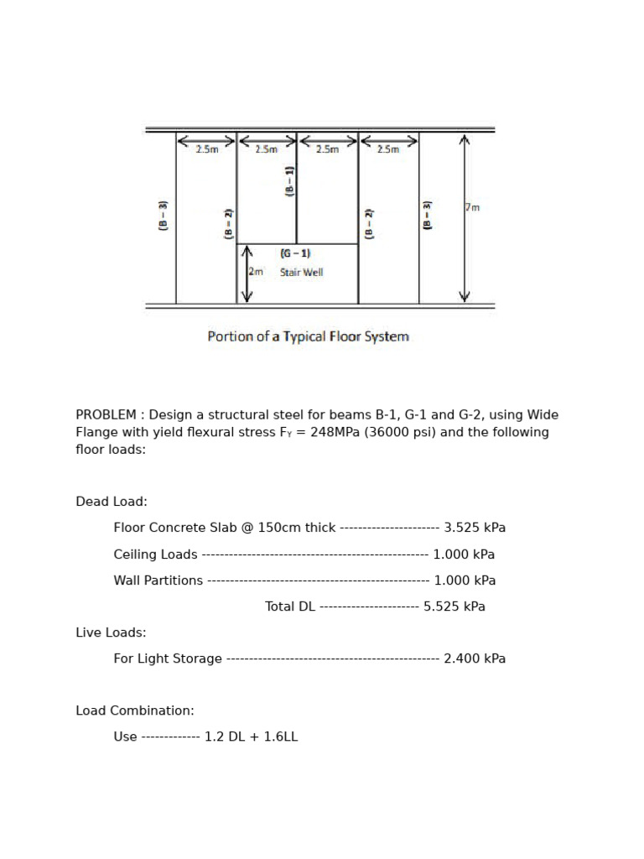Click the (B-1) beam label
(290, 181)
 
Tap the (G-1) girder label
(295, 253)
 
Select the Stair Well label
(301, 272)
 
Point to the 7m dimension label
(473, 207)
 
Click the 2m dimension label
(255, 272)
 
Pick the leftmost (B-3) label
(164, 216)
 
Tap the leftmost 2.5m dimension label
(206, 149)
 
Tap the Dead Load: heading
(112, 502)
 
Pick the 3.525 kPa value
(475, 528)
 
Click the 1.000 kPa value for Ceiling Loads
(464, 554)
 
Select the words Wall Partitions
(158, 580)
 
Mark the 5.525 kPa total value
(454, 606)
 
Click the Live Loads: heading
(111, 632)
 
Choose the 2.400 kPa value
(475, 659)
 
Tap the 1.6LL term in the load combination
(280, 737)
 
